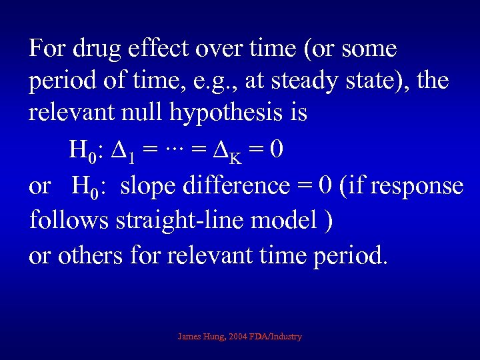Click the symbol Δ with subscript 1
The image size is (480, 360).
[x=120, y=149]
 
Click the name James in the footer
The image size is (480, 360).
[x=190, y=337]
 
